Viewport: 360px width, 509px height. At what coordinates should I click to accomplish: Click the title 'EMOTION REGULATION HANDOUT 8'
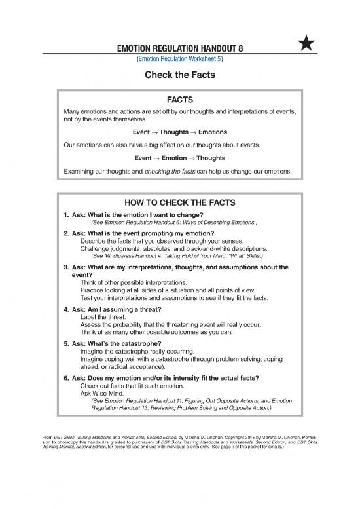180,47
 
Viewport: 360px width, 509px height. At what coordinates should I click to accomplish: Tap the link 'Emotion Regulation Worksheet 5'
179,59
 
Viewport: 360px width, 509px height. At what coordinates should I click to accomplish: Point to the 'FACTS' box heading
180,100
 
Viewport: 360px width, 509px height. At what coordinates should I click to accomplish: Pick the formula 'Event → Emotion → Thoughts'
179,158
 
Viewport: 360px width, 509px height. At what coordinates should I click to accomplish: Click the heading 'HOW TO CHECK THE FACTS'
180,201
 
